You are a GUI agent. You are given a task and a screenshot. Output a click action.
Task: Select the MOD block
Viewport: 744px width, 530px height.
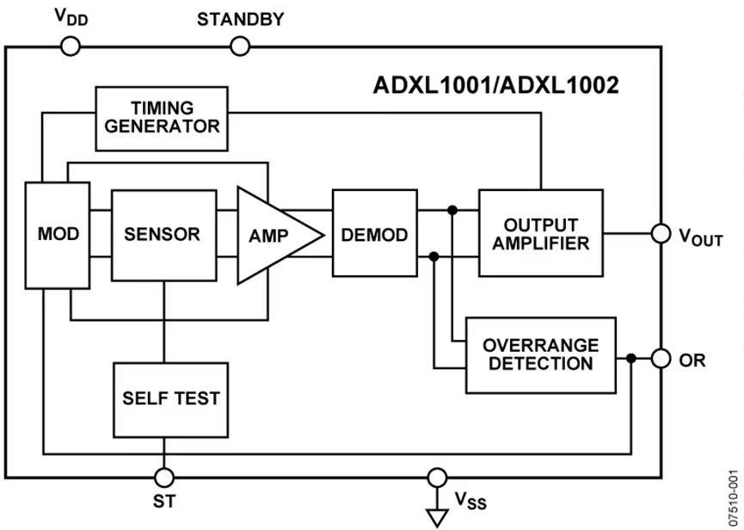coord(58,235)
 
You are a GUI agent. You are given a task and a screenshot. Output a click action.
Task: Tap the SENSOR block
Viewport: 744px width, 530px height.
coord(163,235)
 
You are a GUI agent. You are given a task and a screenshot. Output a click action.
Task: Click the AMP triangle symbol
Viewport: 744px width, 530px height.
coord(273,235)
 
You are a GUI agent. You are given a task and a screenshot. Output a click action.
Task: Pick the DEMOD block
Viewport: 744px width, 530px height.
coord(374,235)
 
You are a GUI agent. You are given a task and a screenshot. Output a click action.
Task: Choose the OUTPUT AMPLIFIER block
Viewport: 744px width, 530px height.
coord(541,233)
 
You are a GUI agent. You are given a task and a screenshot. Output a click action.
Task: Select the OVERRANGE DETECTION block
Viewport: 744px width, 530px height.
coord(540,354)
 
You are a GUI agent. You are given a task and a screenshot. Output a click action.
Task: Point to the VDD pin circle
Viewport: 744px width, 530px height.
coord(71,47)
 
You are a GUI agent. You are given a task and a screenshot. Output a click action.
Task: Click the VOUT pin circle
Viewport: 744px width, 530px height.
coord(661,234)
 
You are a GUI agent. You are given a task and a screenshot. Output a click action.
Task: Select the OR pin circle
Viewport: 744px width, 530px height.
coord(661,359)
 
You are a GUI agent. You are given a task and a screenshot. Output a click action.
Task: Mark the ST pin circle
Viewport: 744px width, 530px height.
coord(163,477)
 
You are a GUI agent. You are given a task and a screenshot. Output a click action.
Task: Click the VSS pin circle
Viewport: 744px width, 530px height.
coord(438,477)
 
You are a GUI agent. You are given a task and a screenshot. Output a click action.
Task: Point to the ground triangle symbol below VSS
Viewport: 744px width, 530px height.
coord(438,516)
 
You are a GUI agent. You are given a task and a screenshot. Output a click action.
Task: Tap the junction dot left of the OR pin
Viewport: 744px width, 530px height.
coord(632,359)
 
